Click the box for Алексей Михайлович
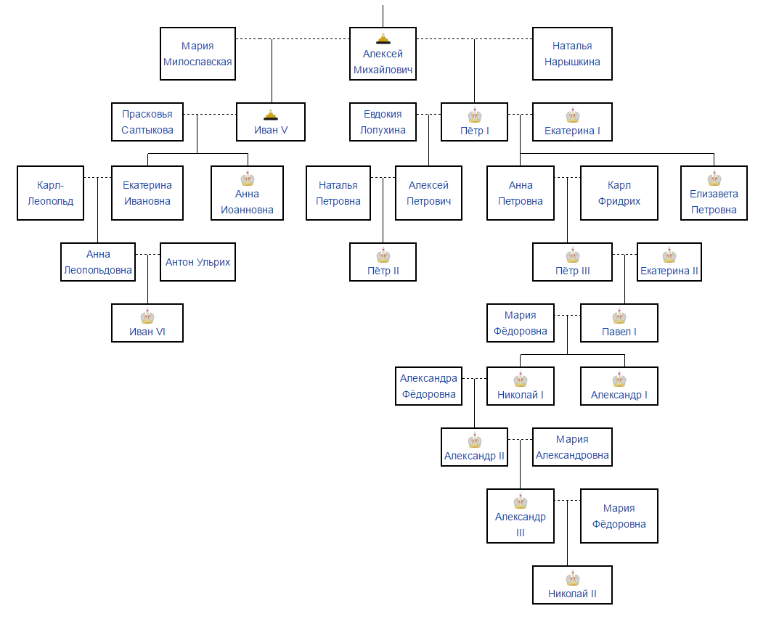pyautogui.click(x=383, y=53)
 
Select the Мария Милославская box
pyautogui.click(x=197, y=54)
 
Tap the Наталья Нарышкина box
pyautogui.click(x=572, y=54)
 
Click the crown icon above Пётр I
pyautogui.click(x=475, y=115)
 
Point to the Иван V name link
pyautogui.click(x=271, y=131)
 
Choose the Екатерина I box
pyautogui.click(x=572, y=122)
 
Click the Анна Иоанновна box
pyautogui.click(x=248, y=193)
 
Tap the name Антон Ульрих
pyautogui.click(x=197, y=262)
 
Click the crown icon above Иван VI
pyautogui.click(x=147, y=316)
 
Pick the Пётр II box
pyautogui.click(x=383, y=262)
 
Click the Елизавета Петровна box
pyautogui.click(x=714, y=193)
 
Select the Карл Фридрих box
pyautogui.click(x=619, y=193)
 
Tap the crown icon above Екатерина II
pyautogui.click(x=669, y=255)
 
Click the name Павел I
pyautogui.click(x=619, y=332)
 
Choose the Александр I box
pyautogui.click(x=619, y=386)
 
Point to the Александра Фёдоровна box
pyautogui.click(x=428, y=386)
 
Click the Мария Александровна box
pyautogui.click(x=572, y=447)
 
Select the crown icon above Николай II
pyautogui.click(x=573, y=578)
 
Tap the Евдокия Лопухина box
pyautogui.click(x=383, y=122)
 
